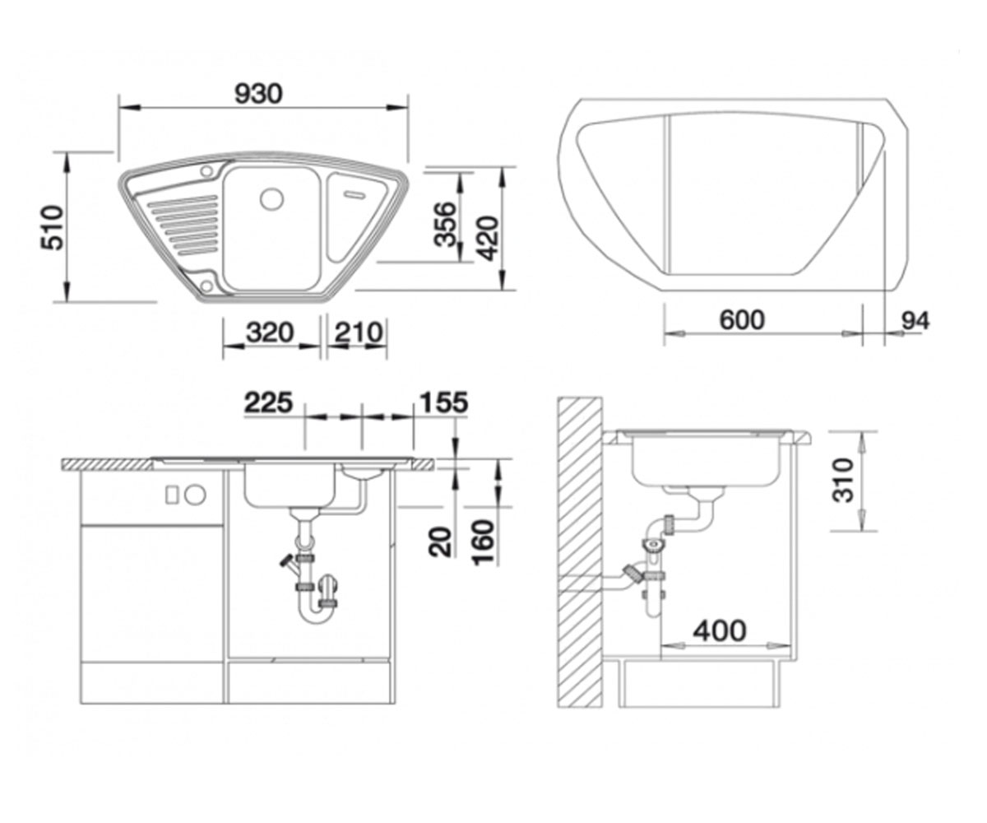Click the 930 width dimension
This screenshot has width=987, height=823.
(258, 94)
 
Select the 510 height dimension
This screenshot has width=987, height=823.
(52, 227)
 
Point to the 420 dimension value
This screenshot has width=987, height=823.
(488, 239)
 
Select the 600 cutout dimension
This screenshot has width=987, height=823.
(742, 320)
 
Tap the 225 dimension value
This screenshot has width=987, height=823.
(268, 402)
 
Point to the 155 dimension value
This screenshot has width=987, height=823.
(444, 402)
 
